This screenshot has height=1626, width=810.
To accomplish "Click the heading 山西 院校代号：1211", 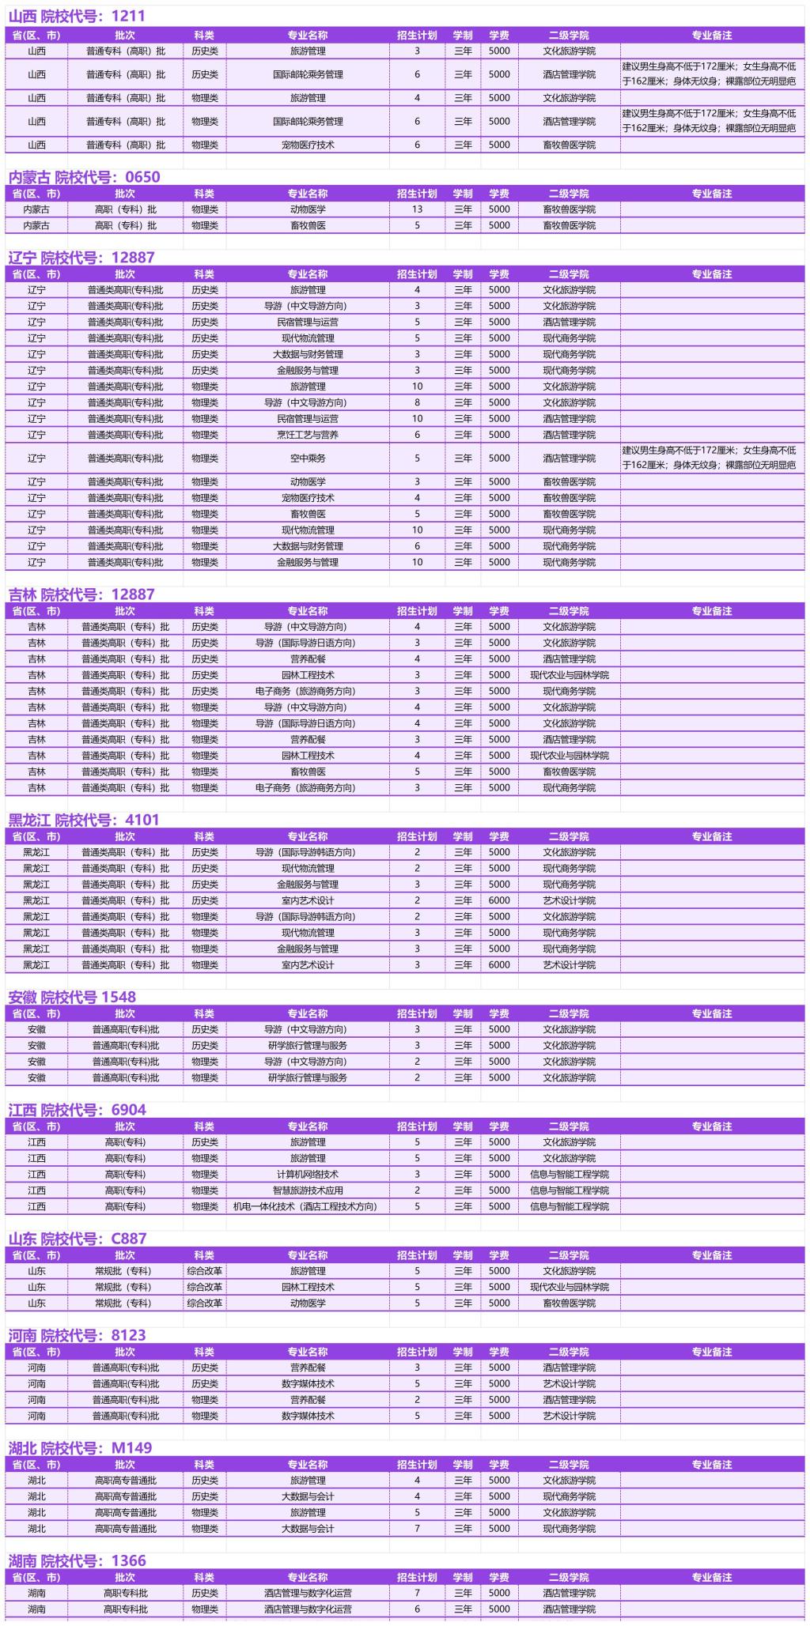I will [77, 16].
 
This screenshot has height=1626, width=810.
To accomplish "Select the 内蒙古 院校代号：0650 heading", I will [84, 177].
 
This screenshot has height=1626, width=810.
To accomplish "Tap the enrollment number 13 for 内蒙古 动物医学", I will [417, 209].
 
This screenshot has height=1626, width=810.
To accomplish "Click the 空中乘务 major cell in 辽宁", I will [308, 458].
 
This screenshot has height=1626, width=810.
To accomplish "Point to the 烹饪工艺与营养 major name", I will [308, 435].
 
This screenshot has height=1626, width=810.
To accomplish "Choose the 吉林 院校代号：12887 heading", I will [81, 594].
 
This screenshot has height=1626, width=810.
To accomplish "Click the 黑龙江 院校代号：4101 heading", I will [84, 820].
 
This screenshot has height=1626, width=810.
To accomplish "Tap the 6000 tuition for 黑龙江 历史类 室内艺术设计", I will [499, 900].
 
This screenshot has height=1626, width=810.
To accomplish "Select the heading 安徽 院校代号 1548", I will [72, 997].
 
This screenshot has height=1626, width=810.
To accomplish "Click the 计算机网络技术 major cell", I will [308, 1174].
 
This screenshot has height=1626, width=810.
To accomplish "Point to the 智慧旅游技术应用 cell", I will [308, 1190].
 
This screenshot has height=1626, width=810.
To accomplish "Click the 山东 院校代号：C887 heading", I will [78, 1239].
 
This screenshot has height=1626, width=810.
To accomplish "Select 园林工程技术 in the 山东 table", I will [308, 1287].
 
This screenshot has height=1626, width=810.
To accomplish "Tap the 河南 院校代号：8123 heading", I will [78, 1335].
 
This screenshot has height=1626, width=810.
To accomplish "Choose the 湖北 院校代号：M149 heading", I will [80, 1447].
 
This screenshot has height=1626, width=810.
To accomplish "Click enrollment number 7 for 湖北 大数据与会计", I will [417, 1529].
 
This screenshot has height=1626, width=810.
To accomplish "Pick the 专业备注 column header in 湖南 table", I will [712, 1577].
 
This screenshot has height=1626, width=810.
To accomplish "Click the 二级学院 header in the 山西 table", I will [569, 36].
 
